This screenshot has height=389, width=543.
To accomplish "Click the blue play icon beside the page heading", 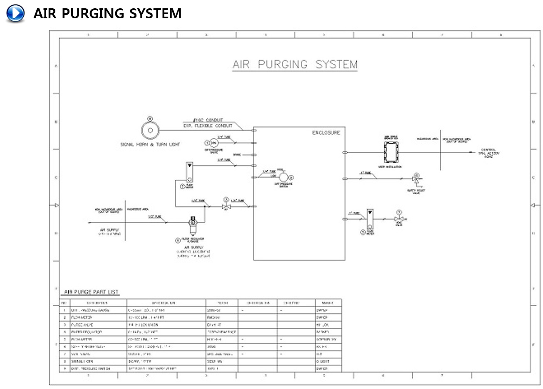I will (x=15, y=13).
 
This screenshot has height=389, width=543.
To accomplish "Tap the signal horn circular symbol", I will (x=150, y=130).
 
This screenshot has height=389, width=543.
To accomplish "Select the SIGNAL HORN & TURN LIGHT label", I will (x=150, y=144).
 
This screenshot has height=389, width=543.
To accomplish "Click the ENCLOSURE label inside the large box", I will (x=326, y=133).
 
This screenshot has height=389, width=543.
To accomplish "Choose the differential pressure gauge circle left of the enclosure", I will (x=214, y=143).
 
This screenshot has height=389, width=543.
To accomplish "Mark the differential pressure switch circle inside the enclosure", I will (x=283, y=177).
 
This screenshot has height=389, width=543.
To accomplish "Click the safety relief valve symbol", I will (x=416, y=179).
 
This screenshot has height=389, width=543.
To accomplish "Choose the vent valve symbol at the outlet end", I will (x=399, y=219).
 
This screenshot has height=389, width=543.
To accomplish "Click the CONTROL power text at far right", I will (x=488, y=153).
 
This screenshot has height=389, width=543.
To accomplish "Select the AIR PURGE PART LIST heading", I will (x=91, y=292).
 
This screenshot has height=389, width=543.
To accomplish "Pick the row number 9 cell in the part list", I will (x=64, y=369).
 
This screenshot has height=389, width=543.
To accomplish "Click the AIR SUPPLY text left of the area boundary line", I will (x=109, y=230).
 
